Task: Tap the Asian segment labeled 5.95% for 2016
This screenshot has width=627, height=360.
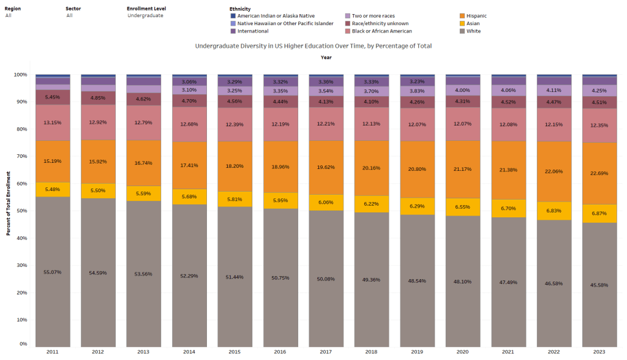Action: (280, 200)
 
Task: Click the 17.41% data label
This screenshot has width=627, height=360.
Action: (189, 165)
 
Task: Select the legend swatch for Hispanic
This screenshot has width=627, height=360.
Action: (462, 15)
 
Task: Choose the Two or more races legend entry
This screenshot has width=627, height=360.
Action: (374, 15)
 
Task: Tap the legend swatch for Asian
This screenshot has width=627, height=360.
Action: (462, 23)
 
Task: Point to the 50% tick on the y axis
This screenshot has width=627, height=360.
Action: (21, 211)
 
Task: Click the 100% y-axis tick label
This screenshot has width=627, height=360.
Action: (20, 75)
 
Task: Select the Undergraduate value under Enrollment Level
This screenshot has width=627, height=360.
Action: (145, 15)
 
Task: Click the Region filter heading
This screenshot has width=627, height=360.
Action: (12, 9)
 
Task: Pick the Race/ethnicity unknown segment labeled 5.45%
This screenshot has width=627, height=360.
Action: (52, 97)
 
